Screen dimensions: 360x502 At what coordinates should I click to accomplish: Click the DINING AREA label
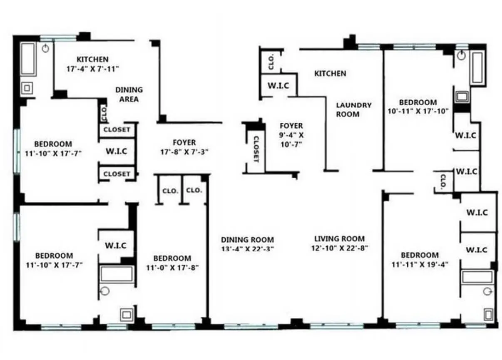[x=129, y=94]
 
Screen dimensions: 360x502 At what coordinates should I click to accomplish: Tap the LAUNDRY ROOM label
[x=353, y=109]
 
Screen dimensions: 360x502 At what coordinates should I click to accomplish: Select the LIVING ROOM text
[x=339, y=239]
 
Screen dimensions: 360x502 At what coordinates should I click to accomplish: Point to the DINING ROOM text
[x=247, y=240]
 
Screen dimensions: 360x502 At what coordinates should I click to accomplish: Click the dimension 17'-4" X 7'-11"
[x=92, y=69]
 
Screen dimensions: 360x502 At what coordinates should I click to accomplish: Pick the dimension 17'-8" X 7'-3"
[x=184, y=152]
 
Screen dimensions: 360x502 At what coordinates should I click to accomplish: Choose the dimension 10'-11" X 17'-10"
[x=418, y=111]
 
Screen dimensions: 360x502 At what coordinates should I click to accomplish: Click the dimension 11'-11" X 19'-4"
[x=419, y=264]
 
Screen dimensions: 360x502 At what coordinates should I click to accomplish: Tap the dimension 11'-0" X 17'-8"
[x=172, y=267]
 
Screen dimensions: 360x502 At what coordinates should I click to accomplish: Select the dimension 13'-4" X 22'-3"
[x=247, y=249]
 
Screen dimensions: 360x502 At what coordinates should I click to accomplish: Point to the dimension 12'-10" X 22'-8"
[x=339, y=248]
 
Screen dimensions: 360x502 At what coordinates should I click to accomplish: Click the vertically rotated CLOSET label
[x=256, y=149]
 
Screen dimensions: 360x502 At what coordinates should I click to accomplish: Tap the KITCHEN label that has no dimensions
[x=330, y=74]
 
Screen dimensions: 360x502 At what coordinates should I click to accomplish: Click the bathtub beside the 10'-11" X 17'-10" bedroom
[x=477, y=69]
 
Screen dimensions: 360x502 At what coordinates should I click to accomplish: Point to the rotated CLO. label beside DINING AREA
[x=104, y=112]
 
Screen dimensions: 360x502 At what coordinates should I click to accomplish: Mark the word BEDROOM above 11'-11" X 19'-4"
[x=419, y=255]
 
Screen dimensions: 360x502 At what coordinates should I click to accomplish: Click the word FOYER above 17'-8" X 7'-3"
[x=184, y=142]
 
